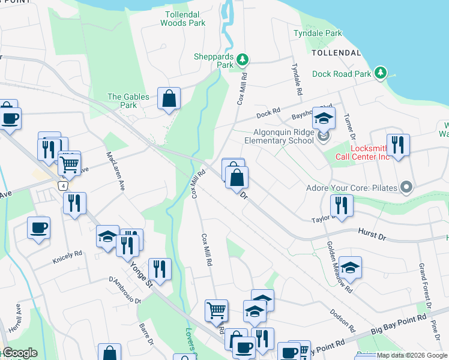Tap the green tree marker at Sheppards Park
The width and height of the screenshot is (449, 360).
click(243, 59)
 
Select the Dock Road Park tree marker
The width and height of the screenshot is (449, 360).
click(380, 73)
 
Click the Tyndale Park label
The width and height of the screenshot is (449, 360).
click(318, 34)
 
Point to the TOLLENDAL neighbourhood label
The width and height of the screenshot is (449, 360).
click(336, 53)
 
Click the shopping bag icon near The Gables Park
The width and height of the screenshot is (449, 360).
click(169, 99)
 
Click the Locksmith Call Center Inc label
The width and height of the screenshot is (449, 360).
click(370, 152)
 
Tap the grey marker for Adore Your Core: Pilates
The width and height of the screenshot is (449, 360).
click(406, 188)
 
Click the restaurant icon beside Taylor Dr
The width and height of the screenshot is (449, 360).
click(342, 205)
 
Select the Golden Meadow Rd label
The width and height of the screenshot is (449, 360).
click(339, 266)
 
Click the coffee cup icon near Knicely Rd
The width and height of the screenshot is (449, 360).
click(39, 228)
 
